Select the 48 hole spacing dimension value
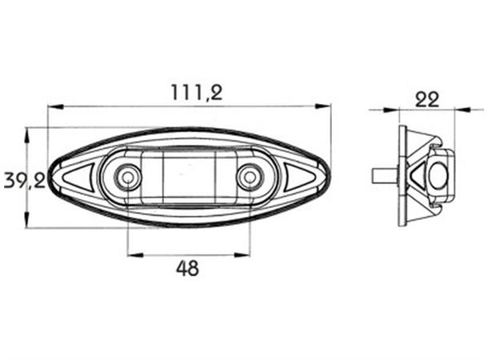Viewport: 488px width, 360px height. click(187, 268)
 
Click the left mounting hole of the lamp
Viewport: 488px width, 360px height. click(126, 176)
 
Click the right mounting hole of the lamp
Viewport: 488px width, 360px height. click(250, 176)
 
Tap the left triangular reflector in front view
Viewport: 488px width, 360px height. click(78, 178)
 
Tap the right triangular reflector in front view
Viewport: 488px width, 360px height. click(298, 178)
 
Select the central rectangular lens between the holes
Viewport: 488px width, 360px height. click(189, 176)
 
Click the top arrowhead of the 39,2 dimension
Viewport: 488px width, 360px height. click(29, 132)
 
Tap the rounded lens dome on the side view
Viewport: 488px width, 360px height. click(438, 171)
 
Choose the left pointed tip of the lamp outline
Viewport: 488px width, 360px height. click(49, 178)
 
